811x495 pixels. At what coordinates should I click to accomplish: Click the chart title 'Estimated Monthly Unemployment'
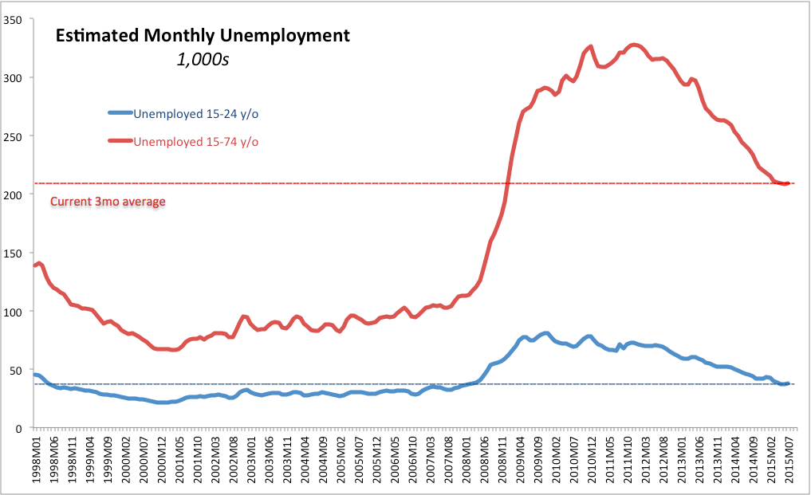click(202, 36)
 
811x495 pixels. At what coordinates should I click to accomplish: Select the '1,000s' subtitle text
click(203, 60)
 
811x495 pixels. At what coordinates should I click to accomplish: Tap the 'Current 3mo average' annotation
click(108, 202)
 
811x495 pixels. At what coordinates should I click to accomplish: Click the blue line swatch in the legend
click(120, 114)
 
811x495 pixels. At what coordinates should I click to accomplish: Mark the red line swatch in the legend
click(120, 142)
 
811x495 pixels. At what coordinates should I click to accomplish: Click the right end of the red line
click(789, 183)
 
